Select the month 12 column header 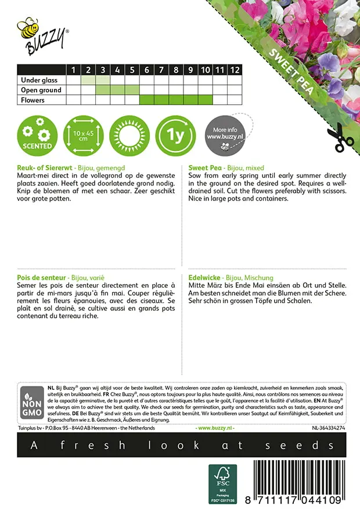[234, 70]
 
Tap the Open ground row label [41, 90]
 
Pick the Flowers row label [33, 100]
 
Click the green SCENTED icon [37, 134]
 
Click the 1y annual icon [176, 134]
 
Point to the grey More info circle [224, 134]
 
